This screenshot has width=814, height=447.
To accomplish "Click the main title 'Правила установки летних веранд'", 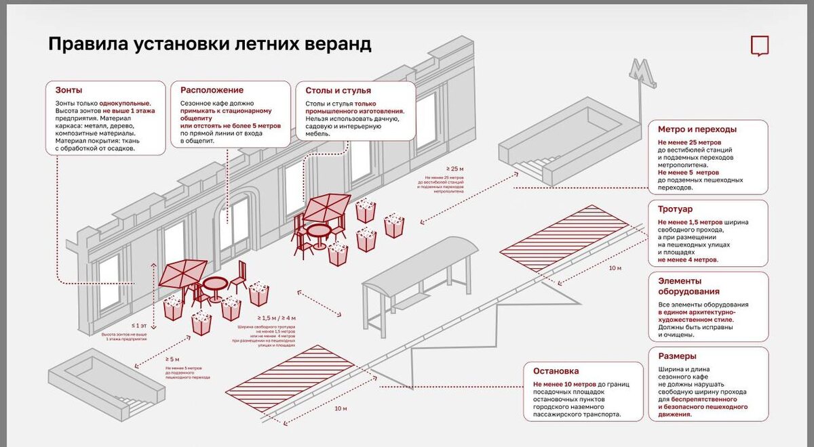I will (210, 45).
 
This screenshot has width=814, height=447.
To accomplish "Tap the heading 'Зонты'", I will (69, 90).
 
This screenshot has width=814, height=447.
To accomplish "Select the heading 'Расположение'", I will (212, 90).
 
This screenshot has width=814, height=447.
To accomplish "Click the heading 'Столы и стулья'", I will (338, 90).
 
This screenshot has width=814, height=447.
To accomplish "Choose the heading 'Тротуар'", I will (676, 209).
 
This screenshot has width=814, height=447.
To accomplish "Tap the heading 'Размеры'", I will (677, 356).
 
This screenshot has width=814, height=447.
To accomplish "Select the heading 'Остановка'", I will (556, 371).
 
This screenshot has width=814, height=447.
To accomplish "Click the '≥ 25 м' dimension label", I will (454, 169).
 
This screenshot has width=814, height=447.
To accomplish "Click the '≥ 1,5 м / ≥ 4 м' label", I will (276, 318).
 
